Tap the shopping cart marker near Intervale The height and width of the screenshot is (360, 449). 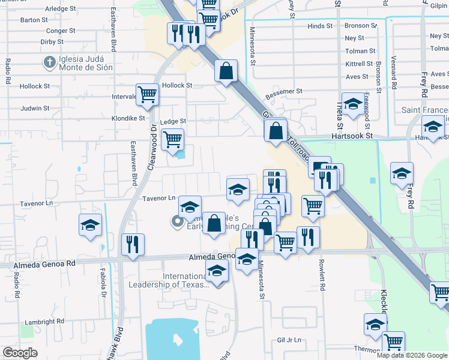[x=147, y=94]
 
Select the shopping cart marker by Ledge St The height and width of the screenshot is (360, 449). [x=173, y=139]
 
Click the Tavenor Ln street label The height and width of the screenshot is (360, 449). [x=158, y=198]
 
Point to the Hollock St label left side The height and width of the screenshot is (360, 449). [x=30, y=86]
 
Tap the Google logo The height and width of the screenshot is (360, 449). [x=20, y=353]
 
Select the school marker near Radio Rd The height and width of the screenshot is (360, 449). [x=91, y=225]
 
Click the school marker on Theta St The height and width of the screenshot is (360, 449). [x=352, y=104]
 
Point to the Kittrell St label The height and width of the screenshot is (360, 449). [x=360, y=64]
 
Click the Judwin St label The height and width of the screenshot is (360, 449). [x=34, y=109]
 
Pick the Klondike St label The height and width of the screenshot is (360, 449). [x=128, y=118]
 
